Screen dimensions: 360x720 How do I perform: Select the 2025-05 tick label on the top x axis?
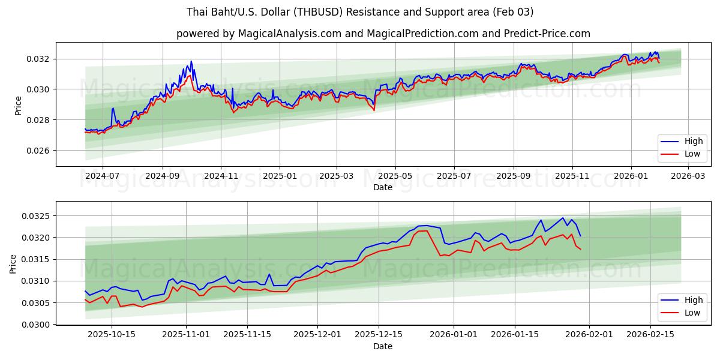[395, 176]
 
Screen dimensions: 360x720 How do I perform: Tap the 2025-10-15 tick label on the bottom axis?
[112, 335]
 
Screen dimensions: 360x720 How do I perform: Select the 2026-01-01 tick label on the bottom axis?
[454, 335]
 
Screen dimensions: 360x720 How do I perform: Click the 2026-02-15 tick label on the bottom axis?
[650, 335]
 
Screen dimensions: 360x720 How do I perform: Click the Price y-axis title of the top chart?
[18, 104]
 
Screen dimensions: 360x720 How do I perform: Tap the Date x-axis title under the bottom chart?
[383, 346]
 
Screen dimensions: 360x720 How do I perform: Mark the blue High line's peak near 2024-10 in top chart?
[191, 61]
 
